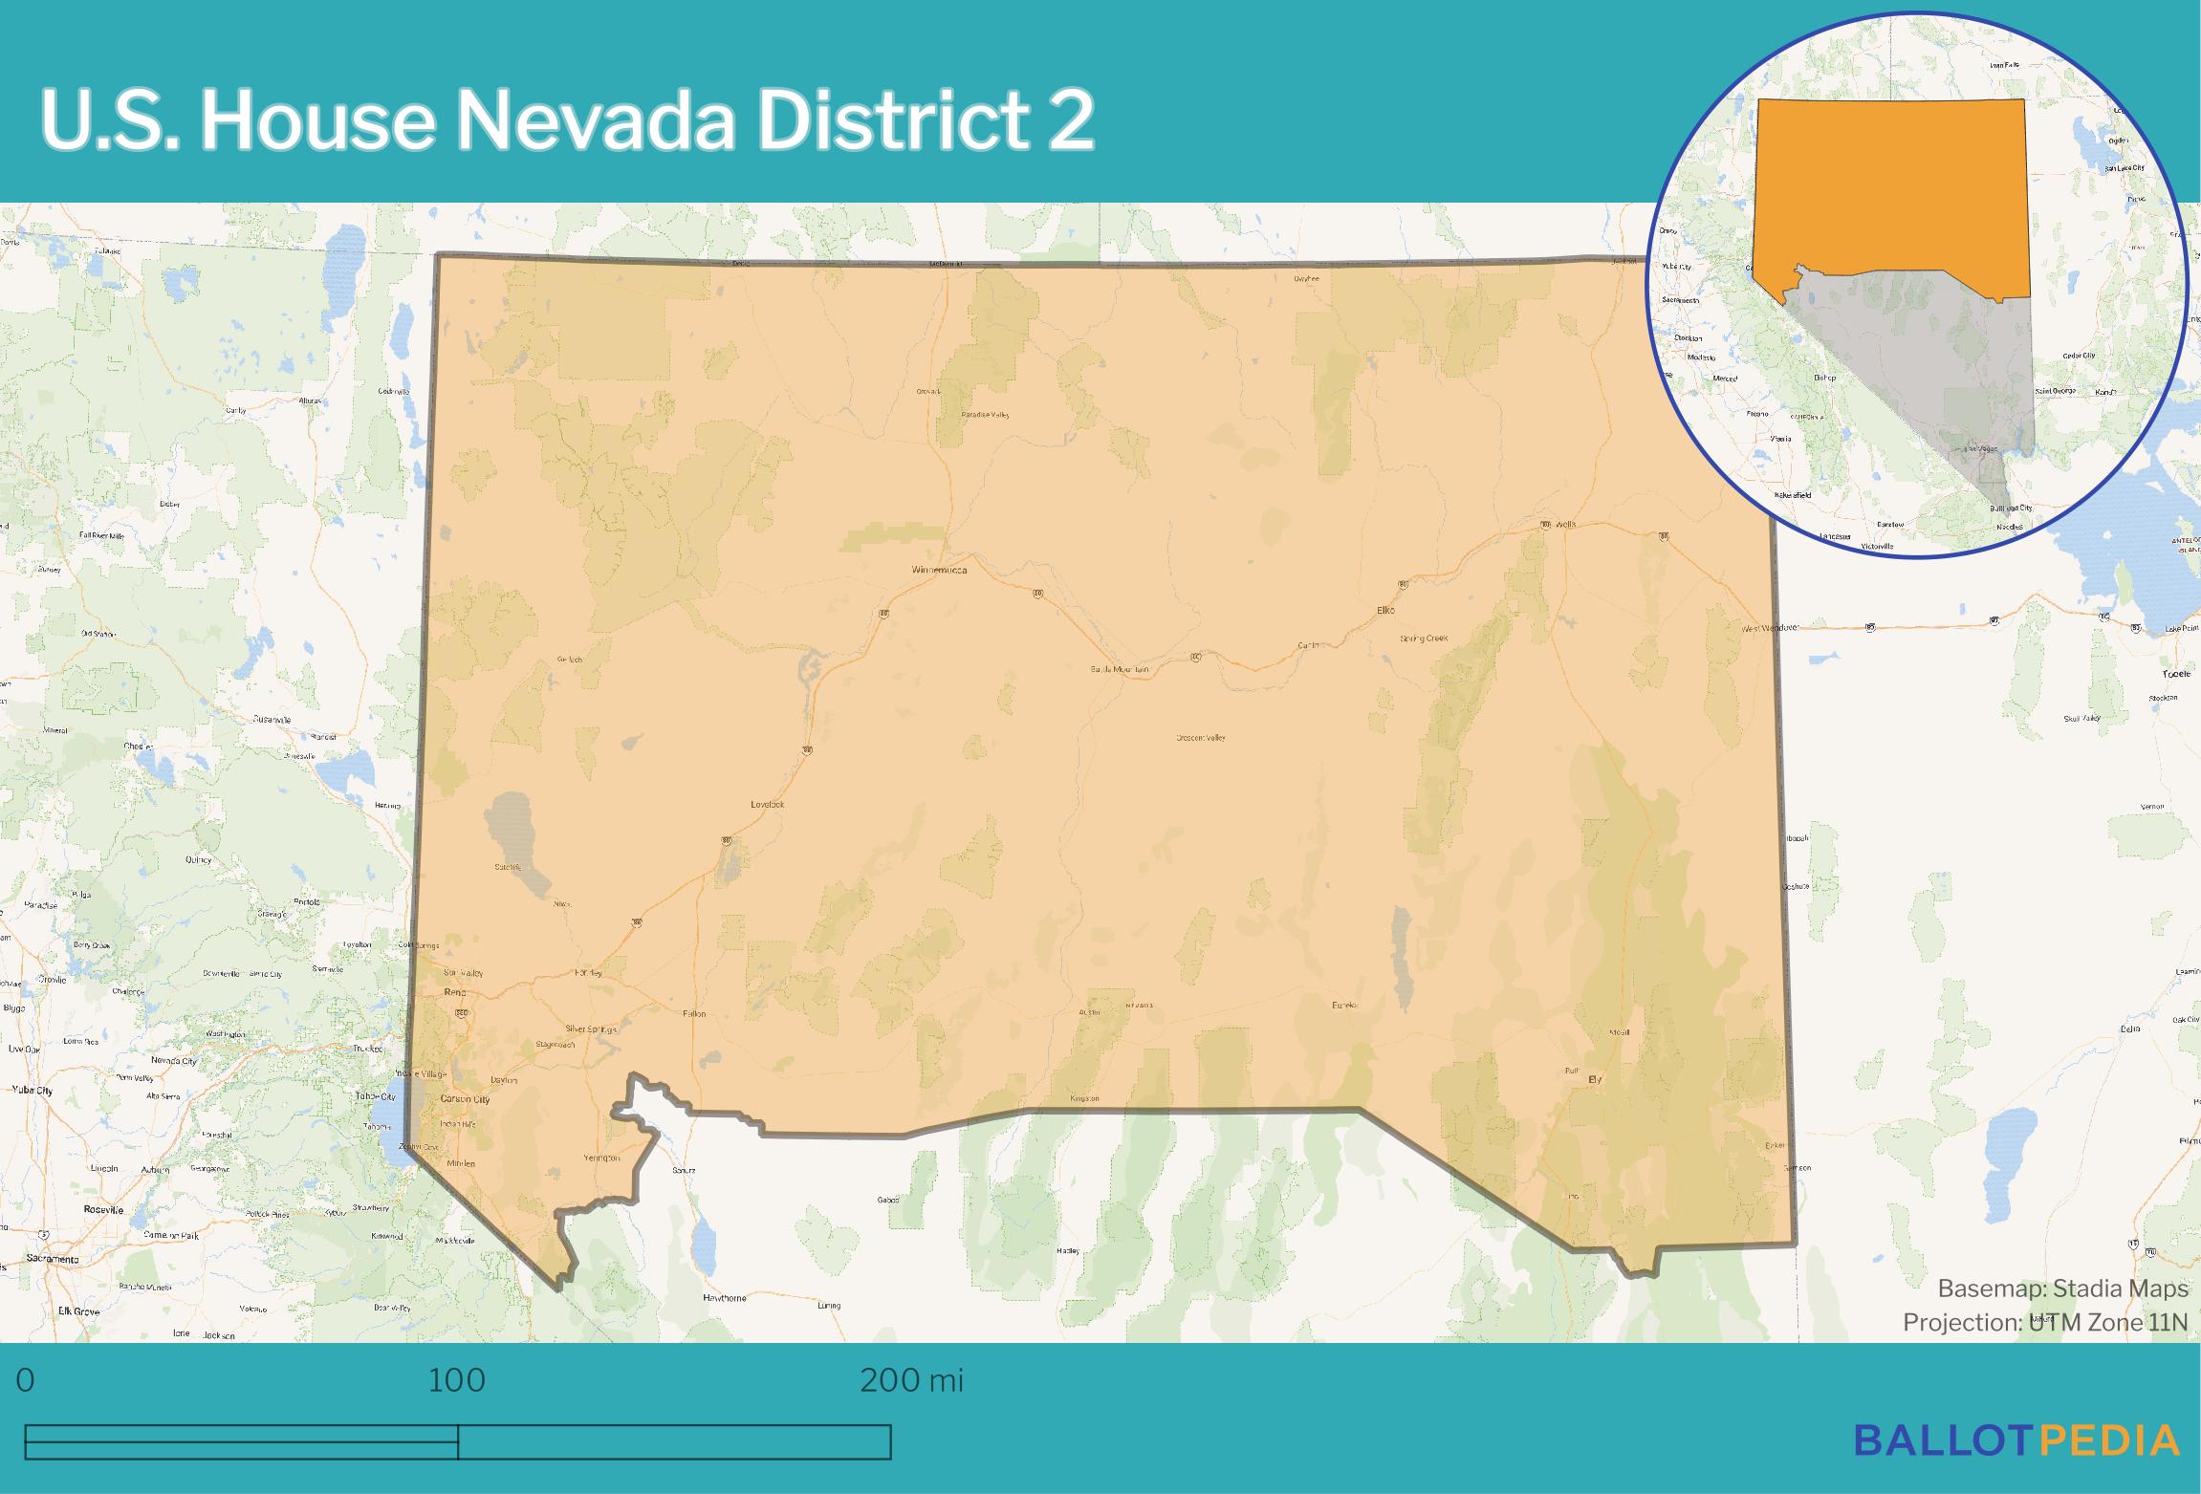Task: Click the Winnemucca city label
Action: coord(939,571)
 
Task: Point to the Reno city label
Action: coord(454,992)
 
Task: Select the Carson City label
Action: coord(465,1099)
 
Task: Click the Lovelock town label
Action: coord(767,805)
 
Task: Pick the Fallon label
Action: coord(694,1013)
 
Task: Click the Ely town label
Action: coord(1594,1079)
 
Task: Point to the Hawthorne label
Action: coord(724,1298)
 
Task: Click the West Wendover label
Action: coord(1770,628)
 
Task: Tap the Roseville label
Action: coord(104,1210)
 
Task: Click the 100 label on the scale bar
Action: coord(457,1380)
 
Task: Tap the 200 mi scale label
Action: coord(911,1380)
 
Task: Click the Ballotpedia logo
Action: coord(2016,1440)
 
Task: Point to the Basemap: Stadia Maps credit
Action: coord(2062,1288)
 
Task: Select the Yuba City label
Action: coord(33,1090)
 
